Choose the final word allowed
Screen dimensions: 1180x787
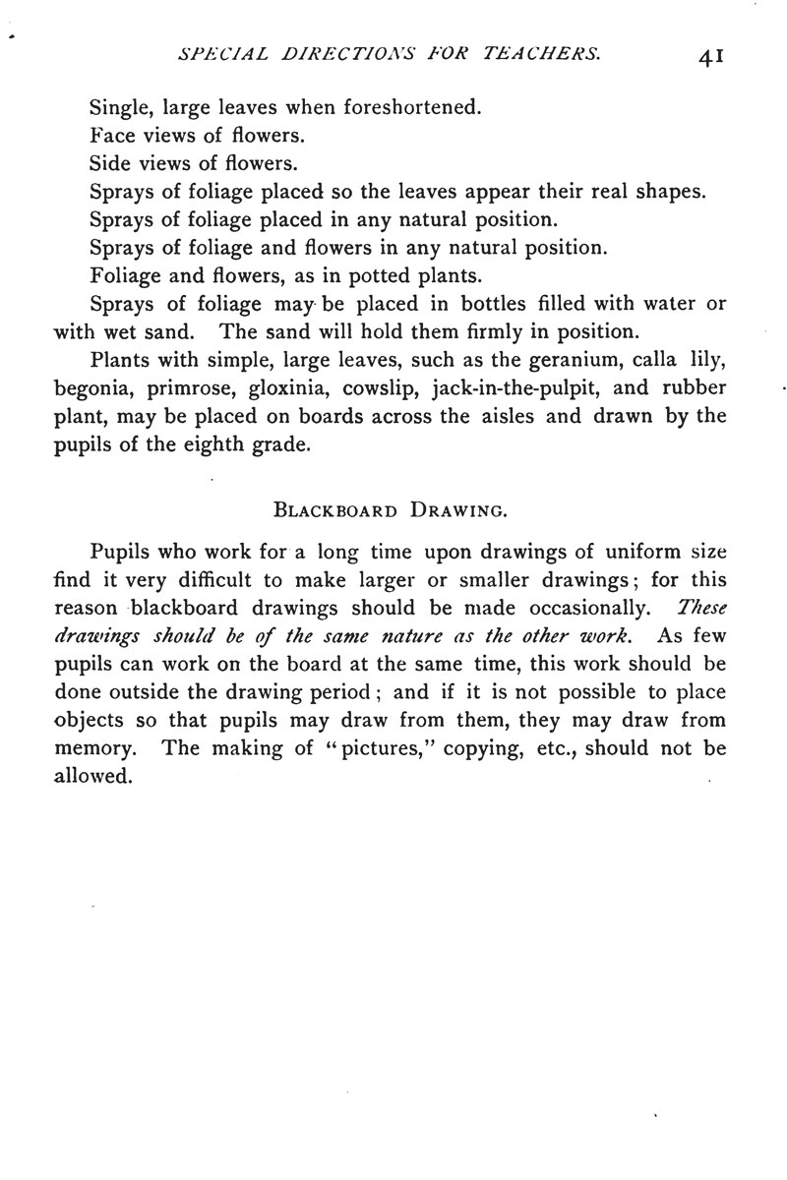[91, 775]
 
